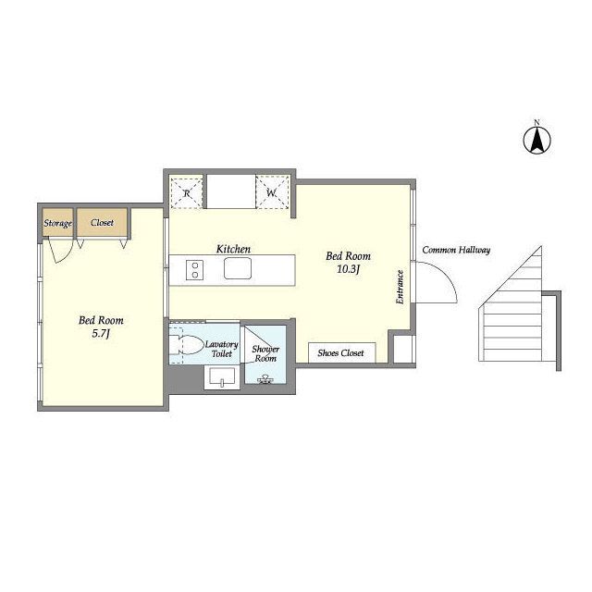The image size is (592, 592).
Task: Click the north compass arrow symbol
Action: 536,140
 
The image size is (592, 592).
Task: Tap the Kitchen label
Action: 233,249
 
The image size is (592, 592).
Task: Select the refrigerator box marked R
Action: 187,193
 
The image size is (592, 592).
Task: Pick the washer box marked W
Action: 272,192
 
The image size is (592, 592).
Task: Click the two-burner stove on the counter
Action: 195,269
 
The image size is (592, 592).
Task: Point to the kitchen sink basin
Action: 238,268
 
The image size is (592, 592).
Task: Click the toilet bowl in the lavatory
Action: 187,345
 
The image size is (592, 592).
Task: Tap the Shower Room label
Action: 265,353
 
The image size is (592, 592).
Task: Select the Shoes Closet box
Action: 341,352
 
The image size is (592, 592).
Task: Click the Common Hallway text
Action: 456,250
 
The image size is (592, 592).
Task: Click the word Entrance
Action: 400,287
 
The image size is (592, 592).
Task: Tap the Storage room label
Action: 57,223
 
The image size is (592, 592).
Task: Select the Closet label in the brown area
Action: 102,222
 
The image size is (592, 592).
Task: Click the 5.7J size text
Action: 101,333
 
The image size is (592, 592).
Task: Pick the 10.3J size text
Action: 348,269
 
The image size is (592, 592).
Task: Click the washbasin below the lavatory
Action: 222,377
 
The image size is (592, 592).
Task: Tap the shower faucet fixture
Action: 265,379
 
